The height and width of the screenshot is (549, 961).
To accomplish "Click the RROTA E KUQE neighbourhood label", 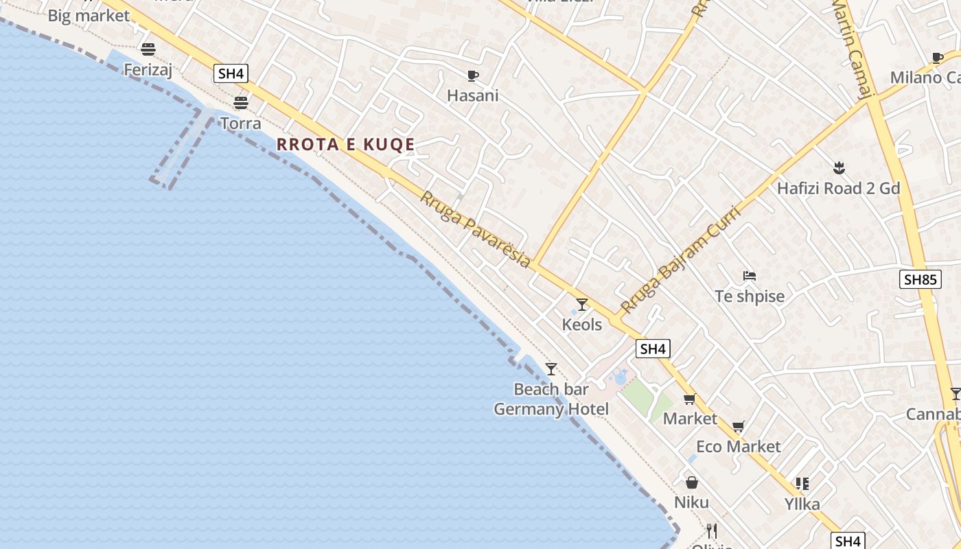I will pyautogui.click(x=345, y=145).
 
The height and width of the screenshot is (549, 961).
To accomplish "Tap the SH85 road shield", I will pyautogui.click(x=920, y=279).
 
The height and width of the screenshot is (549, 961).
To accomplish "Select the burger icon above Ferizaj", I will pyautogui.click(x=148, y=49).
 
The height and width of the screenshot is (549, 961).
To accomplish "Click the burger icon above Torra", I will pyautogui.click(x=240, y=103).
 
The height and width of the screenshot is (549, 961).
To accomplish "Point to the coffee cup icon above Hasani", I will pyautogui.click(x=472, y=75).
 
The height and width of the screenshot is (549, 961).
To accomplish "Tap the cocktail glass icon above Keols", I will pyautogui.click(x=582, y=304).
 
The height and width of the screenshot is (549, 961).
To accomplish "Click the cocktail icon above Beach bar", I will pyautogui.click(x=551, y=369).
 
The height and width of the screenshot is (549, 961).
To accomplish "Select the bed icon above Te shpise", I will pyautogui.click(x=749, y=277).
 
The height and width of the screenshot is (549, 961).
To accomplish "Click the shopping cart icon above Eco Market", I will pyautogui.click(x=738, y=427).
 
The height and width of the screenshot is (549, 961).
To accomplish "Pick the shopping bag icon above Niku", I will pyautogui.click(x=691, y=482).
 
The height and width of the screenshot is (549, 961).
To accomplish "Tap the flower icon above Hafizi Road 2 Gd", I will pyautogui.click(x=838, y=168).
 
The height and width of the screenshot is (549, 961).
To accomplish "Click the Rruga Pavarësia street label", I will pyautogui.click(x=475, y=229).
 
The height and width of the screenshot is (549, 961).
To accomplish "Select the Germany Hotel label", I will pyautogui.click(x=551, y=410).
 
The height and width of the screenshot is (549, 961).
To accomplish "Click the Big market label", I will pyautogui.click(x=89, y=16).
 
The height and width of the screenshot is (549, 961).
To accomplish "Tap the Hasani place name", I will pyautogui.click(x=472, y=95).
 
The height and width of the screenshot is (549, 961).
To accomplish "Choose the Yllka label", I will pyautogui.click(x=802, y=504).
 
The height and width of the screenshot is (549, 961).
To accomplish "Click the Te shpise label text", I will pyautogui.click(x=749, y=296).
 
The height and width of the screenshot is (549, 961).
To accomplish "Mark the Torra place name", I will pyautogui.click(x=240, y=124).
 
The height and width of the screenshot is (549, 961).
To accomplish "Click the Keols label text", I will pyautogui.click(x=582, y=325).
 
